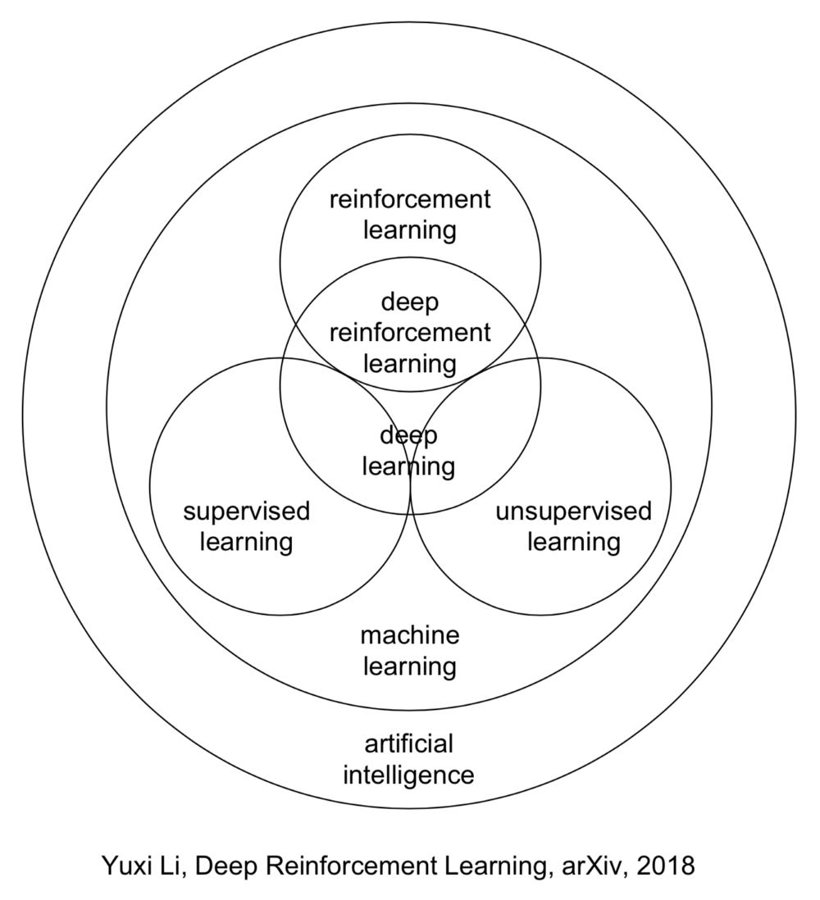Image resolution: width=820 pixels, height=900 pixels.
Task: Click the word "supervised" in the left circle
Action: [246, 512]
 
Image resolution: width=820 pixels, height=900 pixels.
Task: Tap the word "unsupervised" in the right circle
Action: [573, 512]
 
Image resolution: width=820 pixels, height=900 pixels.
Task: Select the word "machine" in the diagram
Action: [410, 635]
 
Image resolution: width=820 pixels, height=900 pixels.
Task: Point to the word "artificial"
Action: [409, 744]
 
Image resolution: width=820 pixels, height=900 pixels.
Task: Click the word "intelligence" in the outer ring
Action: [408, 775]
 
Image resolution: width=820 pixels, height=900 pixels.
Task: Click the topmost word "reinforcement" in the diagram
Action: [410, 199]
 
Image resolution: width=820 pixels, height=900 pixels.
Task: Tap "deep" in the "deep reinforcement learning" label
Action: [410, 302]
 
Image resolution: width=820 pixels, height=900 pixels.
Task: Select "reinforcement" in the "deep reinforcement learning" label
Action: [410, 333]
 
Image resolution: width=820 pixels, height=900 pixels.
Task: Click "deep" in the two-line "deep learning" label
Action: [410, 435]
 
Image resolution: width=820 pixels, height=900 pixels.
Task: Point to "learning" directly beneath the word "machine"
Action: [410, 666]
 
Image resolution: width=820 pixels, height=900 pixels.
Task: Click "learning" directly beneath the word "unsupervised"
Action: [573, 543]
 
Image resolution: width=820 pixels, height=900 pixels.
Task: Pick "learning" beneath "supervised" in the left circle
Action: [246, 543]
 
